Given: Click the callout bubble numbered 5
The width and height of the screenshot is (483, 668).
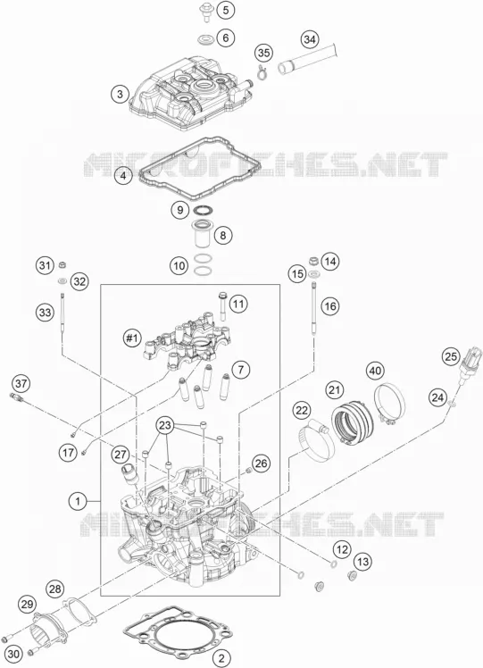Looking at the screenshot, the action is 225,10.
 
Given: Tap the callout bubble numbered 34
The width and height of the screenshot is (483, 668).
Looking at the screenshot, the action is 310,39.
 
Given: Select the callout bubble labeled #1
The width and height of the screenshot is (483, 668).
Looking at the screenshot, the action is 131,338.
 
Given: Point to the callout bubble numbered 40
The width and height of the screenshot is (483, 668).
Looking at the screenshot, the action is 375,371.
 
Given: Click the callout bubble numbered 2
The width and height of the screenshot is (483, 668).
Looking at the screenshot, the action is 221,658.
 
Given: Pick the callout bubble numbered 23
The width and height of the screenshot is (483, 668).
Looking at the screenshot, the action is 166,425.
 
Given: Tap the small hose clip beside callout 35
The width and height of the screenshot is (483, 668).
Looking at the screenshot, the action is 262,73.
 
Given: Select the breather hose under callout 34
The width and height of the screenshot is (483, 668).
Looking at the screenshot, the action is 308,59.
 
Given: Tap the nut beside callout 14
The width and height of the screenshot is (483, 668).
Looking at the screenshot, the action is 313,260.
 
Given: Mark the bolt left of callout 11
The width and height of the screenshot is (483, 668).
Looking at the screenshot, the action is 223,305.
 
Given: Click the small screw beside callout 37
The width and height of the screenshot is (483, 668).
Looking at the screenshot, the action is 16,397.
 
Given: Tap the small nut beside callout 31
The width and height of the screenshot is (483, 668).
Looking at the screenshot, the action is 62,265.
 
